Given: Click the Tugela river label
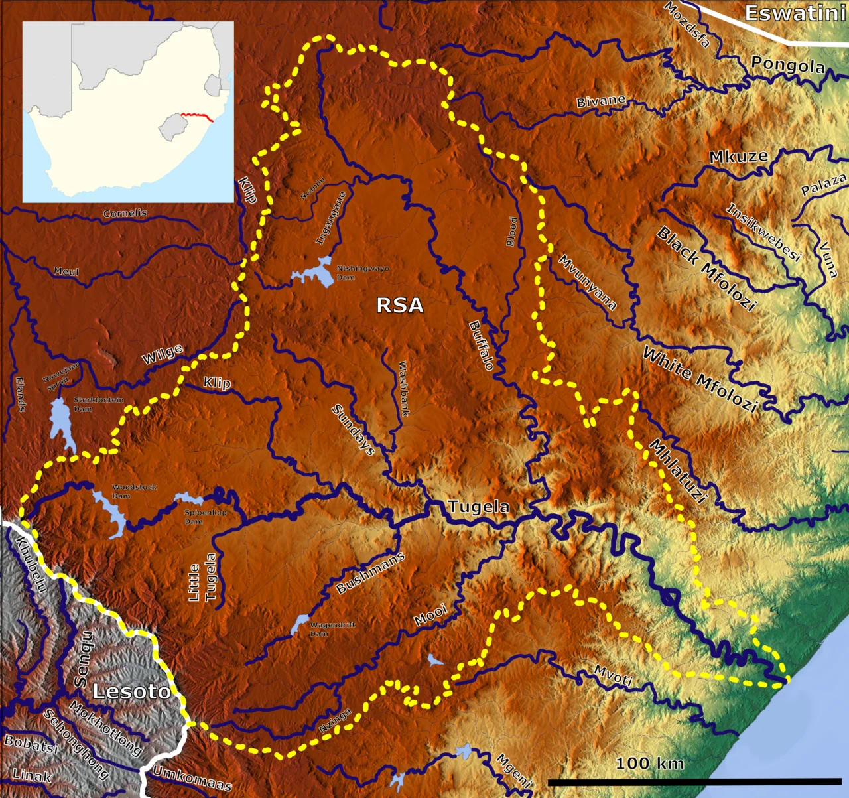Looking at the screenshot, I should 479,507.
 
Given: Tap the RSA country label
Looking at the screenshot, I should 399,304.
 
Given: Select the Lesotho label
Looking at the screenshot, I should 131,691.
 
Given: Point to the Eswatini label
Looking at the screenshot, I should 795,13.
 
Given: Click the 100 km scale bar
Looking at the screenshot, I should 694,781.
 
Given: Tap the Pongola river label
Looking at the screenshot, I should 788,64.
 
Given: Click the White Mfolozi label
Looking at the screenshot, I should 700,379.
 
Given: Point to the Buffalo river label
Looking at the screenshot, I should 482,345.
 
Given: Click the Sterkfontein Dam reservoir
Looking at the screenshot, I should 61,425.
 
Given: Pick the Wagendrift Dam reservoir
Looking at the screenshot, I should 300,625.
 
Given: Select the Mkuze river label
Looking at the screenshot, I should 738,157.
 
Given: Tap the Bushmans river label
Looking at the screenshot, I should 370,573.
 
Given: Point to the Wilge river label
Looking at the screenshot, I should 163,354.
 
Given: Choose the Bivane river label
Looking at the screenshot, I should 601,101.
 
